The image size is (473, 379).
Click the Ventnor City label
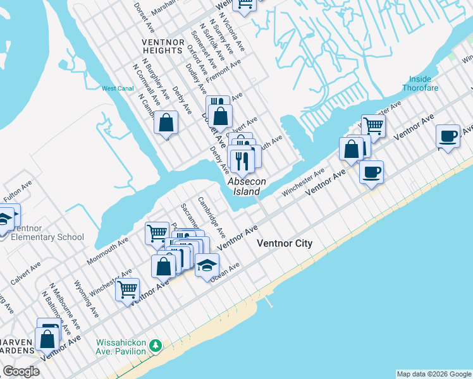[284, 243]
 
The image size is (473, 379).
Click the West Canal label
[118, 89]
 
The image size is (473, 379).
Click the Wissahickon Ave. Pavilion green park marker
[156, 346]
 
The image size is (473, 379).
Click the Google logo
[21, 371]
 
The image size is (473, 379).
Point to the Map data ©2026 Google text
[434, 374]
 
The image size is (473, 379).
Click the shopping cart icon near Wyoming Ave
[128, 290]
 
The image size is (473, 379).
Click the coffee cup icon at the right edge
[448, 136]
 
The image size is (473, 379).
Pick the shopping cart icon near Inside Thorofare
[373, 126]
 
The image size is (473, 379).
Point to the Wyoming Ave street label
[86, 299]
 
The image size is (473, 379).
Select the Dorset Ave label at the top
[145, 18]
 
